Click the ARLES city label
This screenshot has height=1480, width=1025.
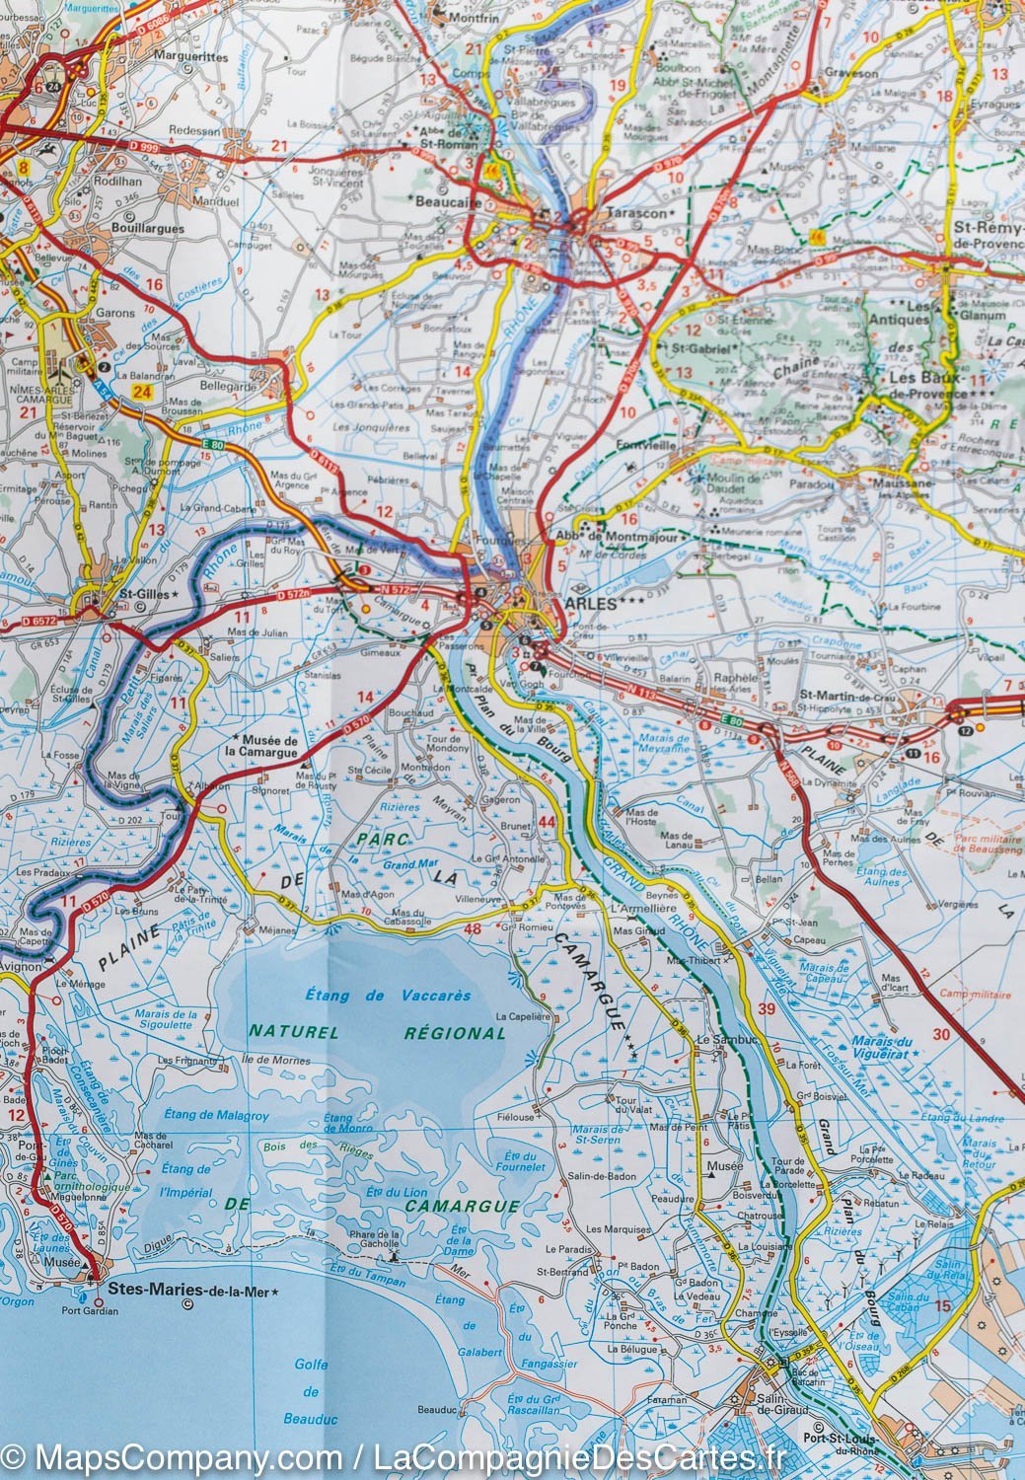pos(593,603)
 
